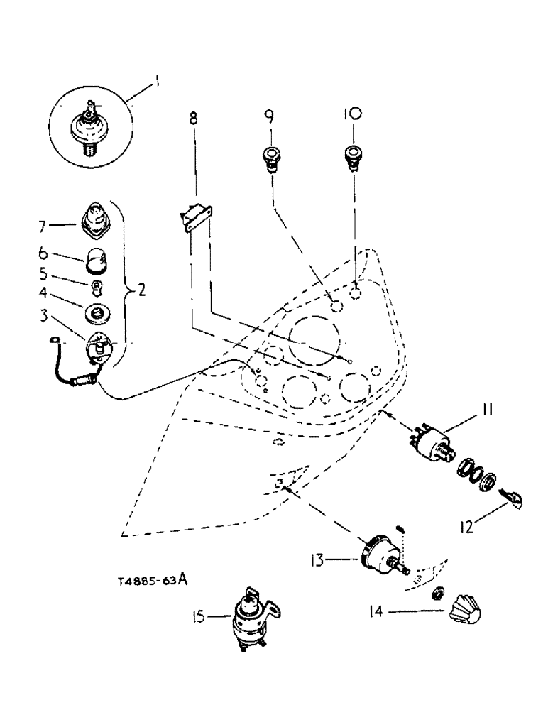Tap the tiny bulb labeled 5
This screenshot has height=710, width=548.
click(x=97, y=288)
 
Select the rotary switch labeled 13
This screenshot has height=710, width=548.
click(x=382, y=562)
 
